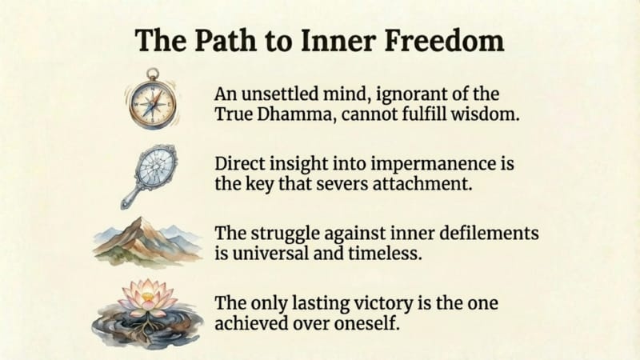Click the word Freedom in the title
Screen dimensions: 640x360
444,41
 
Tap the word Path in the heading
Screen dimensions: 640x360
226,41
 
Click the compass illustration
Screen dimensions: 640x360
152,99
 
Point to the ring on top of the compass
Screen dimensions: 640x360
153,74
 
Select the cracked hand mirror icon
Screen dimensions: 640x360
150,176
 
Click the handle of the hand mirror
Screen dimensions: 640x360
132,198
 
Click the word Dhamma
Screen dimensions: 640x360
294,114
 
